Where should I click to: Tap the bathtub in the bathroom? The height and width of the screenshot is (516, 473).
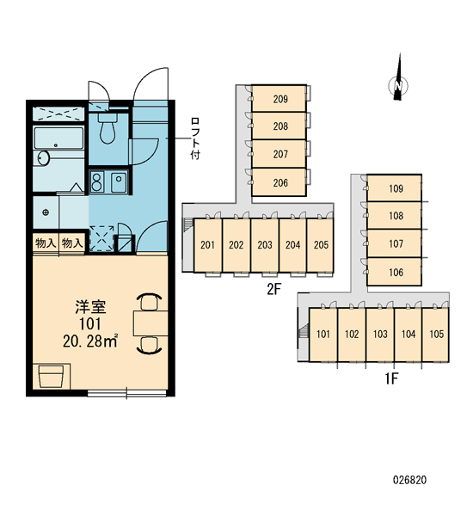59,138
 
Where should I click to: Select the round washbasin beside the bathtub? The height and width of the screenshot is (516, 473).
43,158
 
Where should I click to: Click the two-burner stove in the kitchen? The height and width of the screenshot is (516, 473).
97,181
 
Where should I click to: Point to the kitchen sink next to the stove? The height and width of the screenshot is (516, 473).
119,181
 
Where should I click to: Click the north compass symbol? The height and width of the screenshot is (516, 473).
398,84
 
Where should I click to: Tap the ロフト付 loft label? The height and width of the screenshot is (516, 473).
195,138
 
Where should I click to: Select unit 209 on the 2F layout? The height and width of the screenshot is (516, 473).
279,98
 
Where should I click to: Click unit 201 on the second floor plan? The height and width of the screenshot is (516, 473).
208,245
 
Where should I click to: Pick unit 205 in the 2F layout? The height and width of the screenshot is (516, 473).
321,245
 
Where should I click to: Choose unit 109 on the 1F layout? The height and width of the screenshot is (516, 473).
395,188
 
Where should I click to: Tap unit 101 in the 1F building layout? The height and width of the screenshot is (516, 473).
323,335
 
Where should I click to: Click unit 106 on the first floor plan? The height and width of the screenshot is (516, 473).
395,272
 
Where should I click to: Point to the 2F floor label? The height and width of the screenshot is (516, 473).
273,289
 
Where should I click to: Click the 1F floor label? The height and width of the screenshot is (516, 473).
391,378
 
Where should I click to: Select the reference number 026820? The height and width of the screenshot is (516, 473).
410,480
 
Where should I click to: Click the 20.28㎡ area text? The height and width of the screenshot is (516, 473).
90,341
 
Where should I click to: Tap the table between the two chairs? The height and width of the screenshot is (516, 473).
150,322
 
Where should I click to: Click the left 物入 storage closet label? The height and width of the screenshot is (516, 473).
46,243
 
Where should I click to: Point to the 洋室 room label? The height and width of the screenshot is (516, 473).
90,307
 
